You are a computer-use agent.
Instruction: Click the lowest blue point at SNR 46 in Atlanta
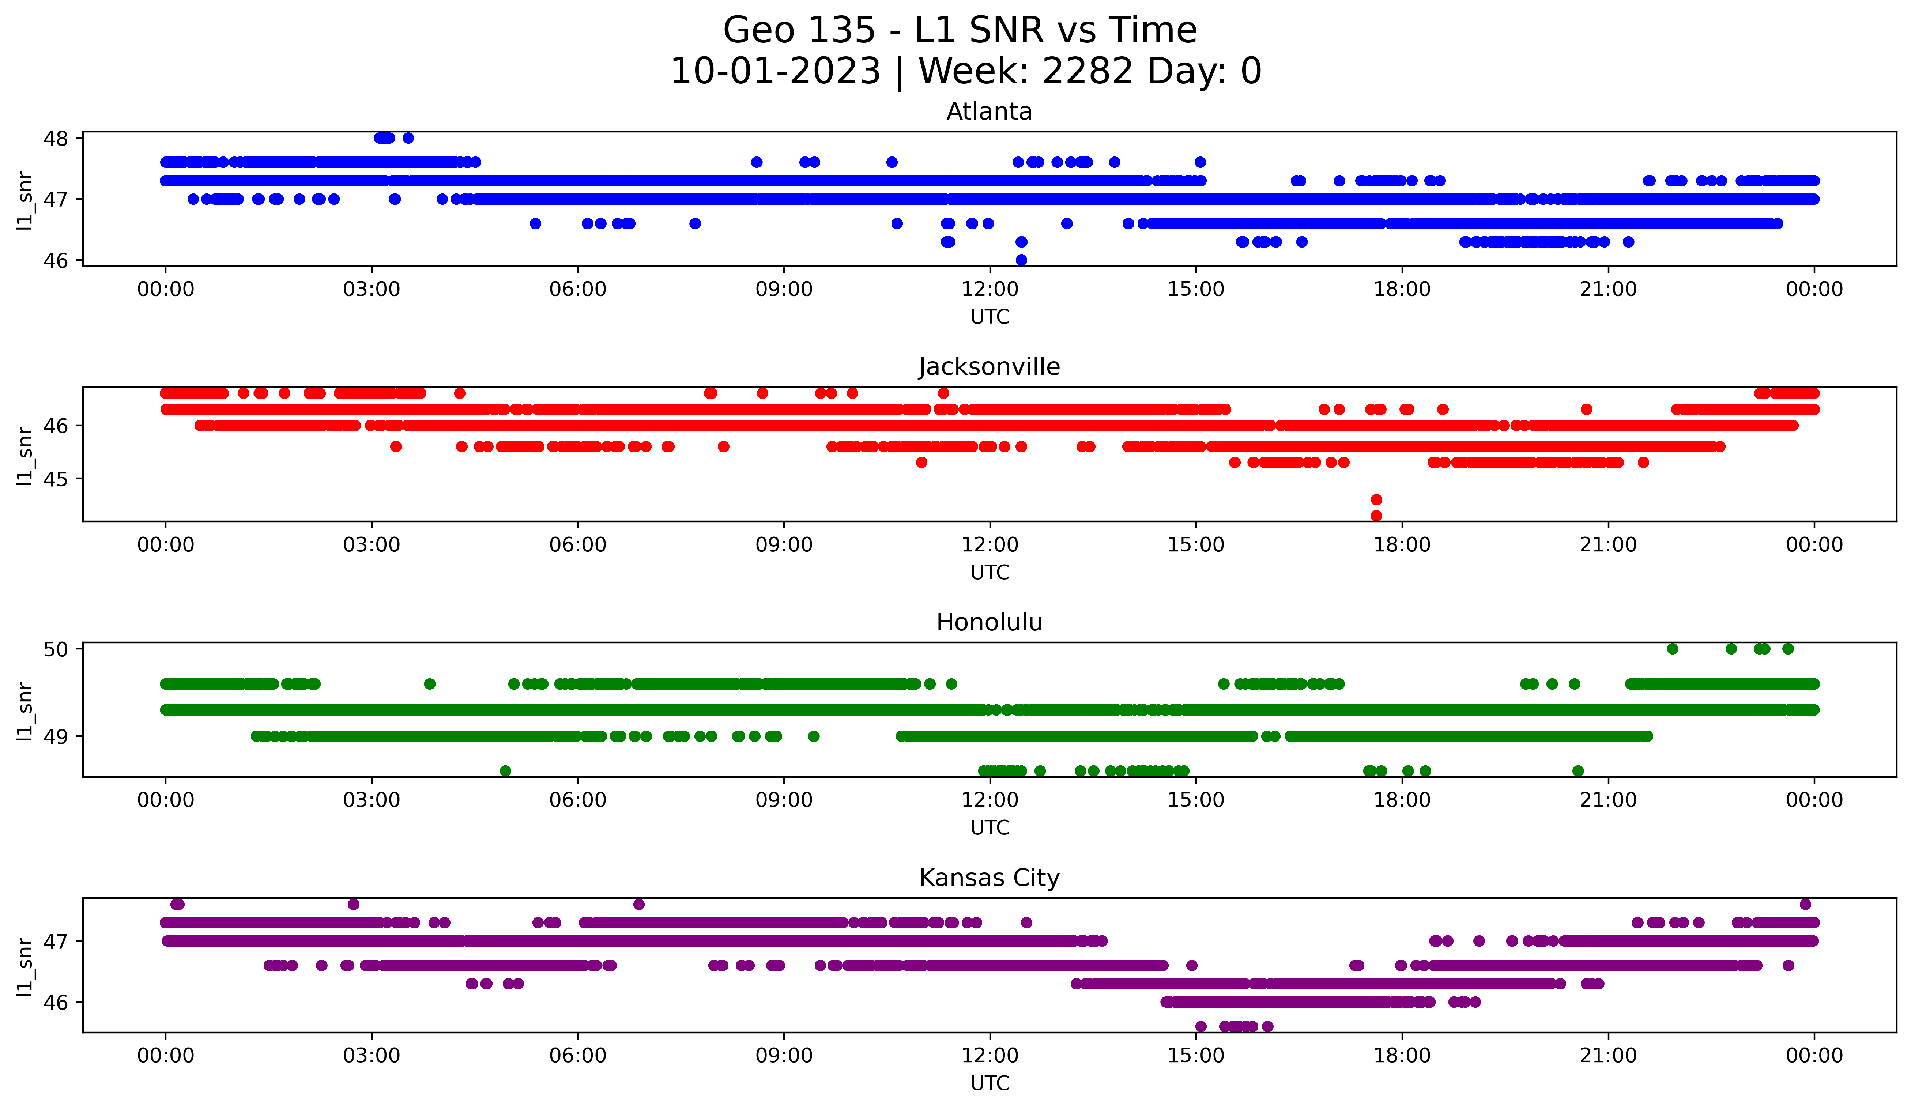(x=1021, y=260)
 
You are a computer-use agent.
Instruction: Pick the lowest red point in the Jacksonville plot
(x=1376, y=516)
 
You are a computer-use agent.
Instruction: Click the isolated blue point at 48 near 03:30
(x=408, y=138)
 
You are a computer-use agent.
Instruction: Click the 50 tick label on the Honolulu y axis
(x=55, y=649)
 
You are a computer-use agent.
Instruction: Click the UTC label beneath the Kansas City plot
(x=990, y=1083)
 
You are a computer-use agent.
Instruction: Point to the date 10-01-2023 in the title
(x=775, y=71)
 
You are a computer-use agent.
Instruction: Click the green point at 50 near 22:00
(x=1673, y=649)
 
